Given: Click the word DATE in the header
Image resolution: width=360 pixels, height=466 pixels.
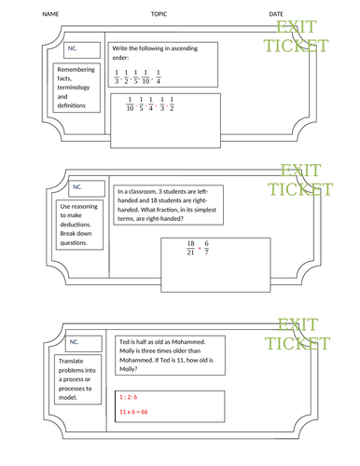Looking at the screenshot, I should [277, 14].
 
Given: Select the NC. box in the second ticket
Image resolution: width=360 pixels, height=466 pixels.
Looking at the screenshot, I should [77, 186].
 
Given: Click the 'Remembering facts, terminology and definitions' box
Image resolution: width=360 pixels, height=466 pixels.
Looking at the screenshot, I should [76, 88].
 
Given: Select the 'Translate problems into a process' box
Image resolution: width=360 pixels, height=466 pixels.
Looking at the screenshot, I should [76, 379].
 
